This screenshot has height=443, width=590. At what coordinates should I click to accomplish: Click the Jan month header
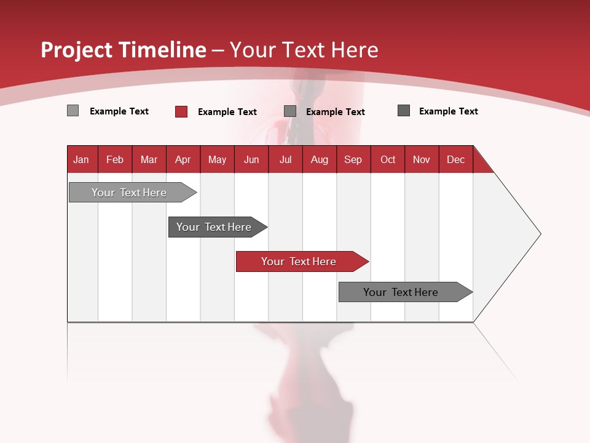click(81, 159)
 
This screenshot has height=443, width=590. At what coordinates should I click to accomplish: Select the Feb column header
click(115, 159)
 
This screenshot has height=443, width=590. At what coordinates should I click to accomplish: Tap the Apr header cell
click(183, 159)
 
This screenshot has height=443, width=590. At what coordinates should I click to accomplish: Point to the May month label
click(217, 159)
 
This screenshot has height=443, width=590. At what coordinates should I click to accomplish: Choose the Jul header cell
click(286, 159)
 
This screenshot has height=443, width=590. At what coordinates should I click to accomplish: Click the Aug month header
click(320, 159)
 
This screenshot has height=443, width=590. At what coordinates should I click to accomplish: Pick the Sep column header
click(353, 159)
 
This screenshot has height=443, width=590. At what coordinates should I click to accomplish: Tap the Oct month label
click(388, 159)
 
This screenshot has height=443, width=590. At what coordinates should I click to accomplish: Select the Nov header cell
click(422, 159)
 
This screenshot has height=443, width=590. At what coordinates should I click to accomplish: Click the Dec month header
click(456, 159)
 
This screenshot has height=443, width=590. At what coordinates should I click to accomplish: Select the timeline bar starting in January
click(130, 193)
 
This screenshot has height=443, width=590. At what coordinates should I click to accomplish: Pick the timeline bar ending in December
click(402, 292)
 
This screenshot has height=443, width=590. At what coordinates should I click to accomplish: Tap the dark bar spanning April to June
click(214, 227)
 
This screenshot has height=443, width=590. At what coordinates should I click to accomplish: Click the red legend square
click(181, 111)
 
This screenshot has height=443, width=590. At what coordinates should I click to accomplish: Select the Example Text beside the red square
click(227, 112)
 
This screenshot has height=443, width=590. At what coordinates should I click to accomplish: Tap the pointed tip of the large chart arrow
click(539, 234)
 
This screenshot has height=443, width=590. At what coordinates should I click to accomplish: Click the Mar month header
click(149, 159)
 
